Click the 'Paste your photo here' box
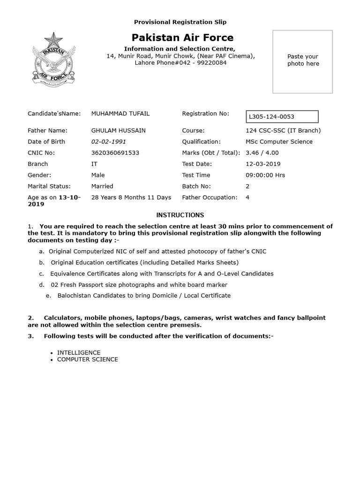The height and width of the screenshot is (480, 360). (x=303, y=62)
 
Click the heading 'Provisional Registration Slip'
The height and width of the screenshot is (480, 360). (x=180, y=22)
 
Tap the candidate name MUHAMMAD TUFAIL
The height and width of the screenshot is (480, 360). (x=120, y=113)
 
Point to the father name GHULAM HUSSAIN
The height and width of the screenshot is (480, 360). (x=118, y=130)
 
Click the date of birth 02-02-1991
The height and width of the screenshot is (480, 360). (x=108, y=142)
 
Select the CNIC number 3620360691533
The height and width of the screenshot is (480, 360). (x=115, y=153)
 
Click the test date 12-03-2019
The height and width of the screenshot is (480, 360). (x=263, y=164)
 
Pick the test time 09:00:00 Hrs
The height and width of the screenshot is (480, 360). (x=265, y=175)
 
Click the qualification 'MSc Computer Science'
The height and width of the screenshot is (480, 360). (x=279, y=142)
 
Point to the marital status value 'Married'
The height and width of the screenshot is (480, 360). (x=102, y=186)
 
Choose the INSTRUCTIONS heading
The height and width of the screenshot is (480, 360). (x=180, y=215)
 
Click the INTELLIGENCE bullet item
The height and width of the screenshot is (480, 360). (x=79, y=352)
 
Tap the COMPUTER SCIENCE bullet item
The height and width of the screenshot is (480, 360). (x=88, y=360)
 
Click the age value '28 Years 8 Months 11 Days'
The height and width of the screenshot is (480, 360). (x=131, y=197)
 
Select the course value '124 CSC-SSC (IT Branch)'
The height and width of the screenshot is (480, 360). (x=283, y=130)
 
